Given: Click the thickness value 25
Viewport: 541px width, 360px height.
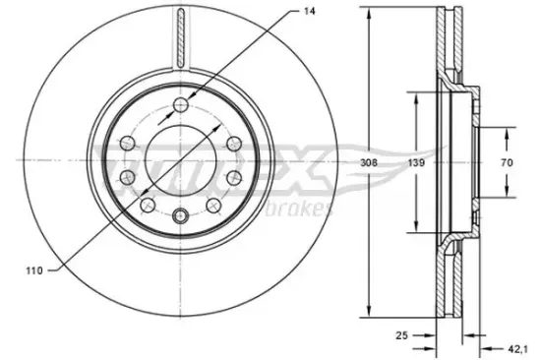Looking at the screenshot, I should coord(402,335).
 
